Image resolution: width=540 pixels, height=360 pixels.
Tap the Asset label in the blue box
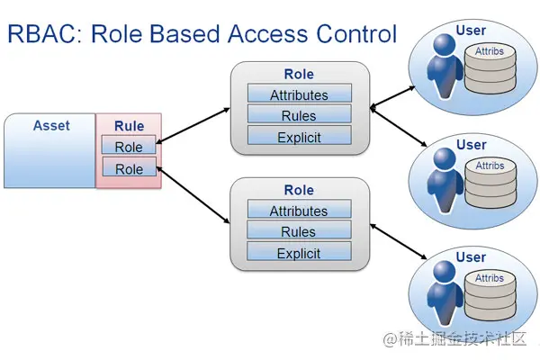coord(50,126)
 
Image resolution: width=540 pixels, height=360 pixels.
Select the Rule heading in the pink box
coord(129,127)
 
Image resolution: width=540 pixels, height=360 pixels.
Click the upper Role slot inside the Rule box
coord(129,147)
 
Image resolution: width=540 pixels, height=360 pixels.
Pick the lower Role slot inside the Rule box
coord(129,168)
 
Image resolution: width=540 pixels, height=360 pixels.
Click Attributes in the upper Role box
coord(299,94)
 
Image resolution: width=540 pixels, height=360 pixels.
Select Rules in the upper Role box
coord(299,115)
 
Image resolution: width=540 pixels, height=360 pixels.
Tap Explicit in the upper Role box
coord(299,137)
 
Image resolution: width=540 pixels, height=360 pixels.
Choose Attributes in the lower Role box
coord(299,211)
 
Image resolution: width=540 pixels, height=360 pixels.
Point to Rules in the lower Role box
coord(299,231)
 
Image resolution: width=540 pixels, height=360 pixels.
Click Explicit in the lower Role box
coord(299,253)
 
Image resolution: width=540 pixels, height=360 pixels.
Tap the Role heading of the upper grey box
coord(299,74)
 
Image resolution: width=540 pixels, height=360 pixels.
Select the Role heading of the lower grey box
coord(299,190)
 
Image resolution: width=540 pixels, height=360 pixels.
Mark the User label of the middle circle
coord(471,145)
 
